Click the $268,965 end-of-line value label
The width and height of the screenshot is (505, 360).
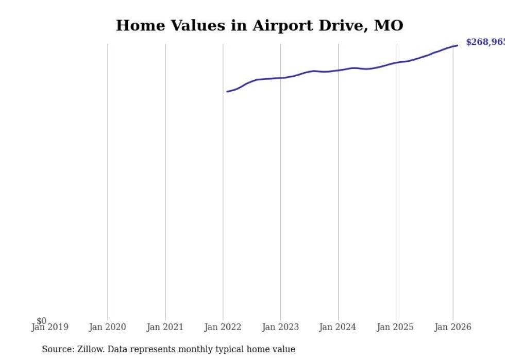485,42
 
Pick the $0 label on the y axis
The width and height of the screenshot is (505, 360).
41,321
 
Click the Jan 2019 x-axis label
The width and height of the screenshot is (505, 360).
49,327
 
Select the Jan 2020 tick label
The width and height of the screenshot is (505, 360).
107,327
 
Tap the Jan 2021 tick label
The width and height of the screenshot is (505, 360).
165,327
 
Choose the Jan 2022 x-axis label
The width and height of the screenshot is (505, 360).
223,327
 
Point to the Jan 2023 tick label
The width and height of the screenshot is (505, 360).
280,327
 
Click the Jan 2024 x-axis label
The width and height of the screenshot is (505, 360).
338,327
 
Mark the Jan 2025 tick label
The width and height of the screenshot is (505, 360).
395,327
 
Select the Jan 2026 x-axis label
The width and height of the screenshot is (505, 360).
453,327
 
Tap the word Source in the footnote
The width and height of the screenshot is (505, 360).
57,349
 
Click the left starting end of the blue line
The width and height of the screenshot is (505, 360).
227,92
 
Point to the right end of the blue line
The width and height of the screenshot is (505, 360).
457,45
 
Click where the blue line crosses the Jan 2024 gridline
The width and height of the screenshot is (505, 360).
338,71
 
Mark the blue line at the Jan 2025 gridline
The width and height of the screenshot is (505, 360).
396,63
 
